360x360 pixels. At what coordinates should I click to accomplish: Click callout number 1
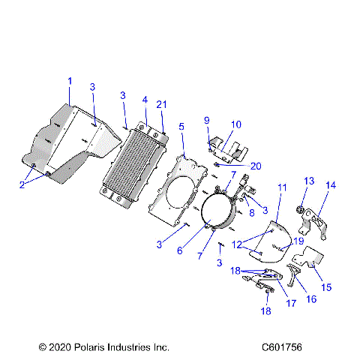tap(70, 80)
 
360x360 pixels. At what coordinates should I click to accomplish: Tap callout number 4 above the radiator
tap(145, 99)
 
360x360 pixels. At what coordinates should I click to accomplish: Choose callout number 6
tap(179, 250)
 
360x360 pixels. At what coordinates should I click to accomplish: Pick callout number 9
tap(206, 120)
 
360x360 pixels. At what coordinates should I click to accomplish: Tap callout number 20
tap(256, 166)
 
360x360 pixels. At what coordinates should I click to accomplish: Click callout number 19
tap(299, 241)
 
